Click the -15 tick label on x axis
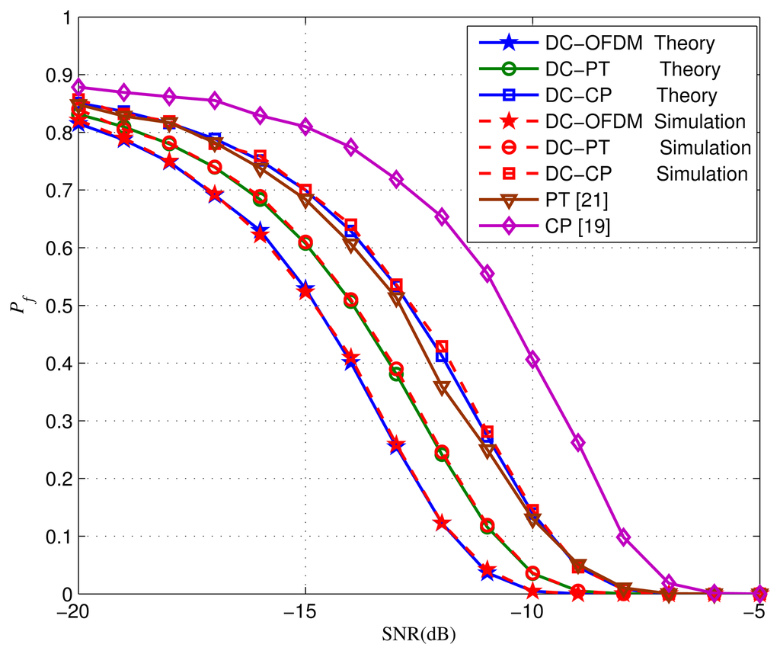[305, 613]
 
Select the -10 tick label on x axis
[532, 613]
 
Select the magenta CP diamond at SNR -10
[533, 359]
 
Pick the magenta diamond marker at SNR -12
[442, 216]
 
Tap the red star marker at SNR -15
[305, 291]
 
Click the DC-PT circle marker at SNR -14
[351, 300]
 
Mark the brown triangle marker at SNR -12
[442, 387]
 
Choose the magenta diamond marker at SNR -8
[624, 537]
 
